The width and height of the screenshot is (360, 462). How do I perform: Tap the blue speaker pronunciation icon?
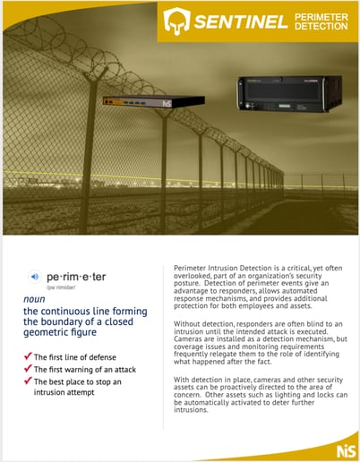[34, 277]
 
